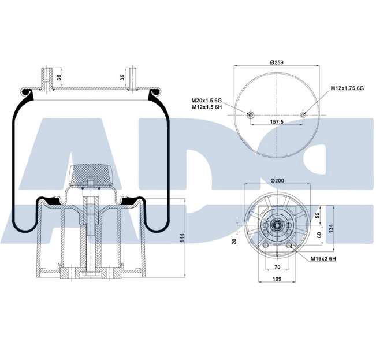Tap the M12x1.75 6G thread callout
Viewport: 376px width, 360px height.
347,88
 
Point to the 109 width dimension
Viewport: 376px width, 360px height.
276,280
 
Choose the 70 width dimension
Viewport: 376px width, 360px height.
276,268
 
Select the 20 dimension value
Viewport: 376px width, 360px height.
234,242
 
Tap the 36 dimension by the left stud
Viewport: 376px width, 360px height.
58,76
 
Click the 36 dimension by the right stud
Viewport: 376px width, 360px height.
122,76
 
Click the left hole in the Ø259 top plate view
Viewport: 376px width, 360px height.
251,116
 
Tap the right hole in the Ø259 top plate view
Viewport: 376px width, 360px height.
304,116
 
